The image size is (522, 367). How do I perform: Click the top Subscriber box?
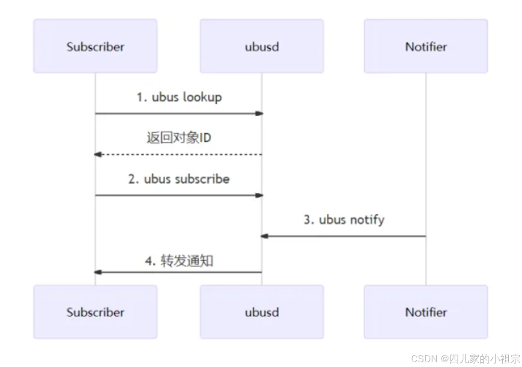[x=95, y=46]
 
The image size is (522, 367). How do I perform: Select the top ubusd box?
[x=262, y=46]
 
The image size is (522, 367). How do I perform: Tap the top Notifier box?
[x=426, y=46]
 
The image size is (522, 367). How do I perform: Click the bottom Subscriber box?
[x=95, y=312]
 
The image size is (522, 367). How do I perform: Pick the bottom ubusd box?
[x=262, y=312]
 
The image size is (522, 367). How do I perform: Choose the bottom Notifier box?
[x=426, y=312]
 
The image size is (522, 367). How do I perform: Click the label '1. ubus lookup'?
[x=179, y=97]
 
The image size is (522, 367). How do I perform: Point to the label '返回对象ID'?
[x=179, y=138]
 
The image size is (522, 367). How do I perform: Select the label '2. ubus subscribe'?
[x=179, y=179]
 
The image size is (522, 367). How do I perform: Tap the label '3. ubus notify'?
[x=344, y=220]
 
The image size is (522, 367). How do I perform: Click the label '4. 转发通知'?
[x=179, y=260]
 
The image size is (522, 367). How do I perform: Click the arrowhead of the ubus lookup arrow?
[x=259, y=113]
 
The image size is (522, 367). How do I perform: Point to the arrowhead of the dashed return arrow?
[x=98, y=154]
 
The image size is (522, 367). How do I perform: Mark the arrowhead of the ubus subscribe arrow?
[x=259, y=195]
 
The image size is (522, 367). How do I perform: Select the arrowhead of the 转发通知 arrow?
[x=98, y=272]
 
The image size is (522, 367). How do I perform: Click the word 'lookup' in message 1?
[x=202, y=97]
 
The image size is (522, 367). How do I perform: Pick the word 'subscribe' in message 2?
[x=204, y=179]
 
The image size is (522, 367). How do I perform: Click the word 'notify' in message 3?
[x=367, y=220]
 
